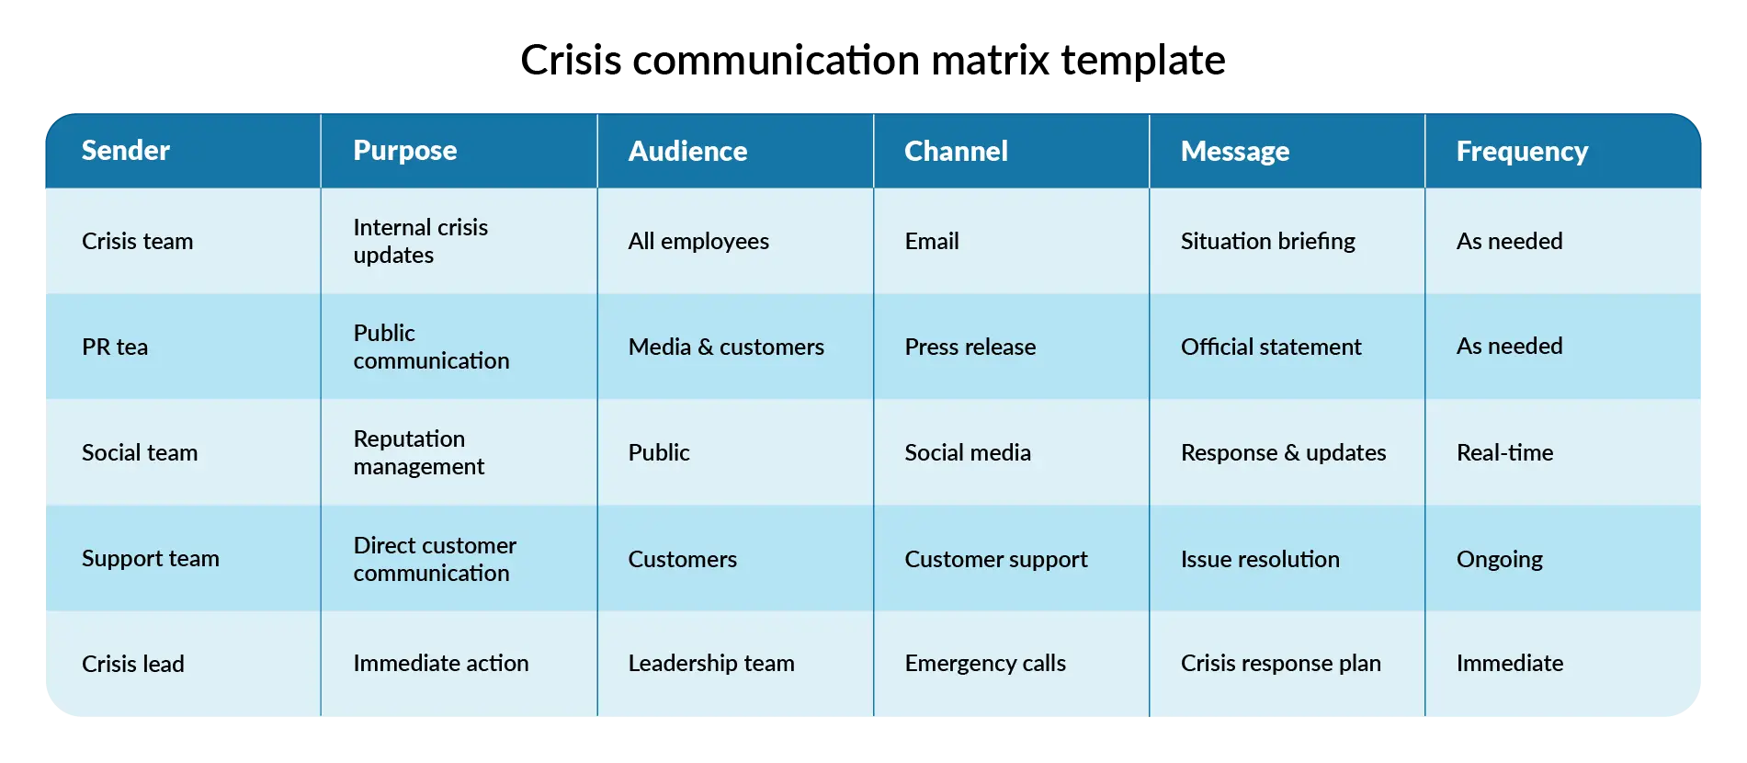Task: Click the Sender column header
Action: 126,150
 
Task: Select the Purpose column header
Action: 404,150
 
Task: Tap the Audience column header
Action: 687,151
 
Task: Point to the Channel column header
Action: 956,151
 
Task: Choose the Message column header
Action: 1234,151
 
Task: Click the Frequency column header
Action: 1522,151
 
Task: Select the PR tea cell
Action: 115,347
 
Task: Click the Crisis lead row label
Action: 133,664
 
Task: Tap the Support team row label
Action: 151,558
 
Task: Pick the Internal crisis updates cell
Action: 420,241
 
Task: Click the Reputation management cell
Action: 418,452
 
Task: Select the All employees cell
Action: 698,241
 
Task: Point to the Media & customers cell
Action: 726,347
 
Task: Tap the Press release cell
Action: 970,347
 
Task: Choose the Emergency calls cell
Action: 985,663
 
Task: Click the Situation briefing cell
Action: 1267,241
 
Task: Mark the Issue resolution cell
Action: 1260,559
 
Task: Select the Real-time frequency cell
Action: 1504,452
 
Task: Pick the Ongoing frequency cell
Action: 1499,559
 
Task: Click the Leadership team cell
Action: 711,663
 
